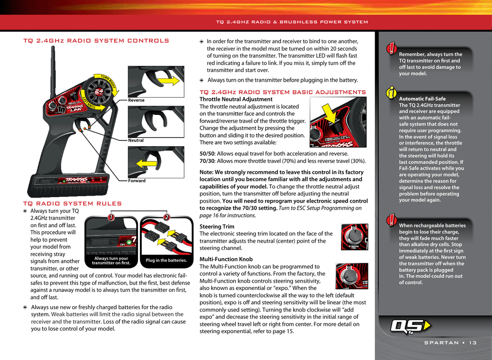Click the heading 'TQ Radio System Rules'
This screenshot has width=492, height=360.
coord(73,203)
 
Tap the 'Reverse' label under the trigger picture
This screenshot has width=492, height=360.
coord(136,100)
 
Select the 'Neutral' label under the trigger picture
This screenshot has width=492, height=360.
coord(136,140)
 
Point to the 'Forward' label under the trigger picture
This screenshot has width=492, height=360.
coord(137,180)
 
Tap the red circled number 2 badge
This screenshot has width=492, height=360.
coord(167,217)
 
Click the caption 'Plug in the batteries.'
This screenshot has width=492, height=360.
coord(166,260)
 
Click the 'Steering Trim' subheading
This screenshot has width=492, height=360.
coord(217,226)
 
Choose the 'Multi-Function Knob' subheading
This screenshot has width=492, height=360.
coord(226,259)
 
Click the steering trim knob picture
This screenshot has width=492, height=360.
coord(355,237)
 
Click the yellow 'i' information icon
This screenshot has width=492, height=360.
coord(391,93)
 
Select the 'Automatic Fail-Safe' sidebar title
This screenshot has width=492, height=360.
coord(422,99)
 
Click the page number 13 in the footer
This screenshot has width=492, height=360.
coord(473,343)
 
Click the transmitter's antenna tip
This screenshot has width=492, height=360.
coord(53,48)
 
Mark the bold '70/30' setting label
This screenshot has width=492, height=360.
coord(207,161)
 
